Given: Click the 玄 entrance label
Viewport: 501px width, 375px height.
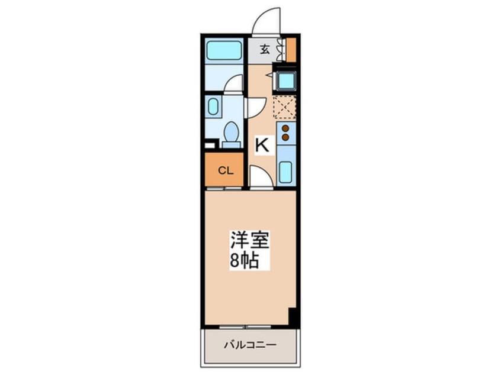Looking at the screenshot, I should point(265,50).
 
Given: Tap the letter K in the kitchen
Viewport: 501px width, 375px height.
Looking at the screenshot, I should point(262,145).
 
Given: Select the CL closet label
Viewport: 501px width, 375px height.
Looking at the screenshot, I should point(224,171).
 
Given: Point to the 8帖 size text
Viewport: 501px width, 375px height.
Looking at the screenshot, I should point(244,261).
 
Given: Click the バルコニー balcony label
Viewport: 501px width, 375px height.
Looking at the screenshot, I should point(250,345).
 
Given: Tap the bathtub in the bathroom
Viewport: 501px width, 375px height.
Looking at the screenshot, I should point(224,51).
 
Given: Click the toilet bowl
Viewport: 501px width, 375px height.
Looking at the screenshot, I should point(232,131).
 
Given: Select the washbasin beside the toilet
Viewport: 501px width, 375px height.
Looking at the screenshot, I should point(213,107).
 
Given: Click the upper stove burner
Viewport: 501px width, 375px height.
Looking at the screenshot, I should point(285,128).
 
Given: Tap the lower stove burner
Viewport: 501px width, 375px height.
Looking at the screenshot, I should point(285,137).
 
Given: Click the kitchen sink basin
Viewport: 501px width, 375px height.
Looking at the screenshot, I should point(285,172).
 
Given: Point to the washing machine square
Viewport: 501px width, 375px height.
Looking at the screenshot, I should point(285,80).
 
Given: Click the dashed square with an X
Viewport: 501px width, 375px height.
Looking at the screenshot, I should point(284,107).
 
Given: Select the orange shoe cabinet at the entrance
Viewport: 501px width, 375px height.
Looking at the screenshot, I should point(290,50).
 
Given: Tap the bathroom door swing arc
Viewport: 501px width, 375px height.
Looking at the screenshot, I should point(235,84).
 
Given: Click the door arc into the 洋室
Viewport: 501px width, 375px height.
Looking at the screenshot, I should point(260,176).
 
